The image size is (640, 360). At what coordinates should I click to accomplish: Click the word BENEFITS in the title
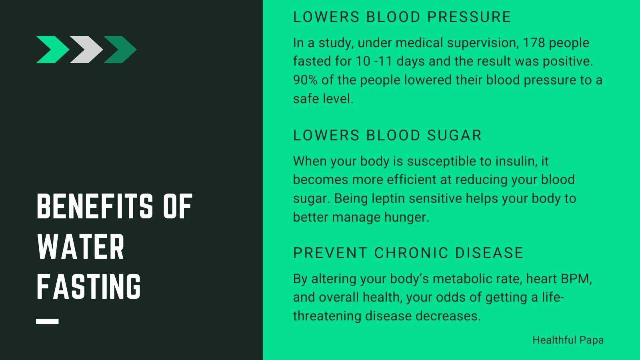point(95,206)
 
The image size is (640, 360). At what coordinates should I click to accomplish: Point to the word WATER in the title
point(81,246)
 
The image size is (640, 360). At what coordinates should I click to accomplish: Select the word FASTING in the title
point(89,286)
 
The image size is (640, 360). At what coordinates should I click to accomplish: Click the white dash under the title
point(48,322)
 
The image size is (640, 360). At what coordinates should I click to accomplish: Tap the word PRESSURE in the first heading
point(469,17)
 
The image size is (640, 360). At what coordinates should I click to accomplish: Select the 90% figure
point(305,80)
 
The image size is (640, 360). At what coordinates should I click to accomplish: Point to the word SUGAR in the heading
point(454,136)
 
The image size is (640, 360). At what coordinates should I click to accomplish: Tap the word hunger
point(406,218)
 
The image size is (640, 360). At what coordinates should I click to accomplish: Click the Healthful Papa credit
point(568,340)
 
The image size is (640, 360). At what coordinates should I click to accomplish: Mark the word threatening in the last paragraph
point(327,316)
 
